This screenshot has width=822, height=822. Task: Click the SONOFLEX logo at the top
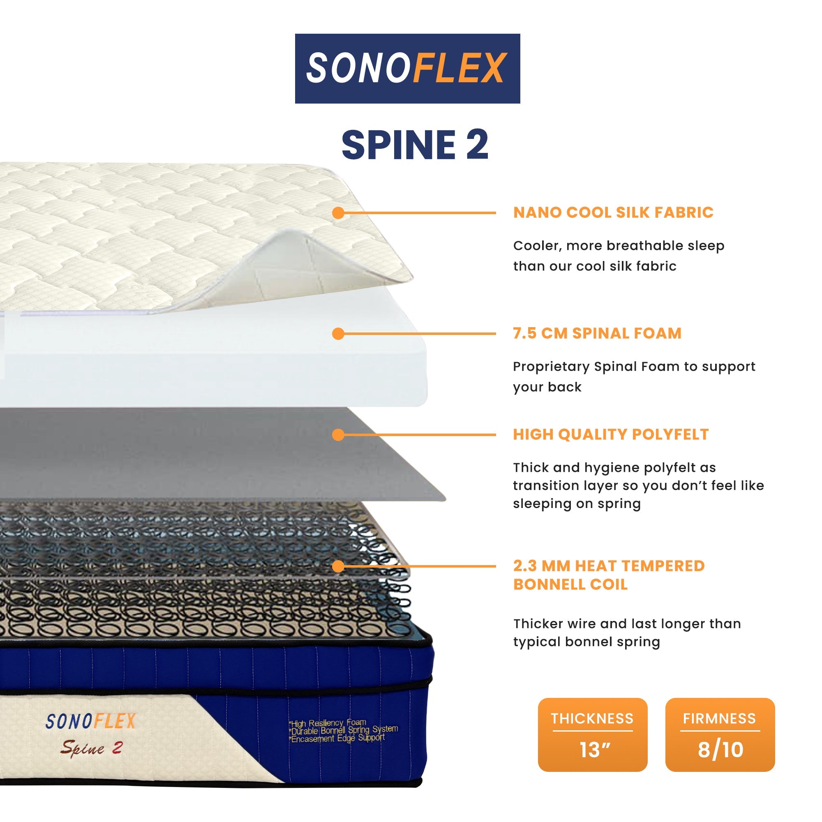[407, 68]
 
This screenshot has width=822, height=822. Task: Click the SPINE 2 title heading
[415, 145]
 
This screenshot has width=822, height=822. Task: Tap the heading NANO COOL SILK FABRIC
[613, 212]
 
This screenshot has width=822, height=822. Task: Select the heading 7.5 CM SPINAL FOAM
[597, 333]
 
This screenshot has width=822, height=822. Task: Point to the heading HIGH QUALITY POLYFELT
[611, 434]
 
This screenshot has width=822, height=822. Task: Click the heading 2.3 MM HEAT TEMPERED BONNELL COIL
[608, 575]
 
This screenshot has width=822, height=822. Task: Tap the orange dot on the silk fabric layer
[338, 213]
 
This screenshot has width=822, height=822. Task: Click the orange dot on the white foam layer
[338, 334]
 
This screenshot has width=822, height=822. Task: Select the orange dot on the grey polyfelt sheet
[338, 435]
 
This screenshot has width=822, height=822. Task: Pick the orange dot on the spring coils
[338, 566]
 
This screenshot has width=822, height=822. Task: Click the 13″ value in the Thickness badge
[595, 750]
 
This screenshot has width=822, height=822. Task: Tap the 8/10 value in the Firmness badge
[720, 750]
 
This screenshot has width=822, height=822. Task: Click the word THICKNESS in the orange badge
[592, 718]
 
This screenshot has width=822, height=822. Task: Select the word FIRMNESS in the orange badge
[720, 718]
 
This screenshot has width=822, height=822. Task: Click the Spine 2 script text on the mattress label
[92, 748]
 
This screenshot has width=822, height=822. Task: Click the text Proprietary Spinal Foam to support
[634, 366]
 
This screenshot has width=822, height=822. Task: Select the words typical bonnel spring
[586, 642]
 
